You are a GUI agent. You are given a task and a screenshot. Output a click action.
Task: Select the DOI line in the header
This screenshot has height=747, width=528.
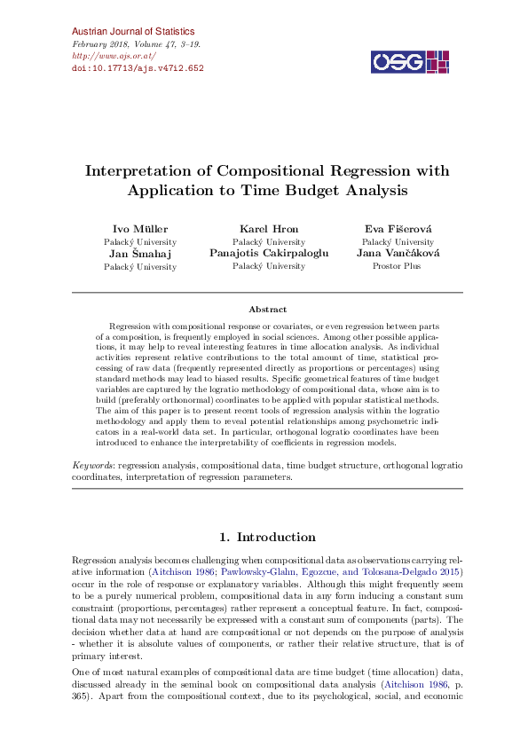(137, 67)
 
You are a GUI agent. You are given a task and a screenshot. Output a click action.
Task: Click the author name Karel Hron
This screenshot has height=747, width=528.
(269, 229)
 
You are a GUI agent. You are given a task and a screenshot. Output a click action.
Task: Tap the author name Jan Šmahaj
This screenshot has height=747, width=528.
(140, 253)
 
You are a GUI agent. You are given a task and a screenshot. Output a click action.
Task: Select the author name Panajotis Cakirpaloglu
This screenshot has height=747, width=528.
(269, 253)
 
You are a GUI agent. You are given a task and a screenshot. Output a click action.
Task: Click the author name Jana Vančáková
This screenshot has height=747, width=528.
(397, 253)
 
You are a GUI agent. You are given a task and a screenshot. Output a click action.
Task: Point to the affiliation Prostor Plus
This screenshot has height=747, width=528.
(397, 265)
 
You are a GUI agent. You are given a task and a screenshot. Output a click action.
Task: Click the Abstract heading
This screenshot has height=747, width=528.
(267, 310)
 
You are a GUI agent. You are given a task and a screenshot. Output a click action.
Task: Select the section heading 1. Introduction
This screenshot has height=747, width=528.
(267, 537)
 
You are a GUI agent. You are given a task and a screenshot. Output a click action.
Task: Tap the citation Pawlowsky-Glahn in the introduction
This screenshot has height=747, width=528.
(244, 573)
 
